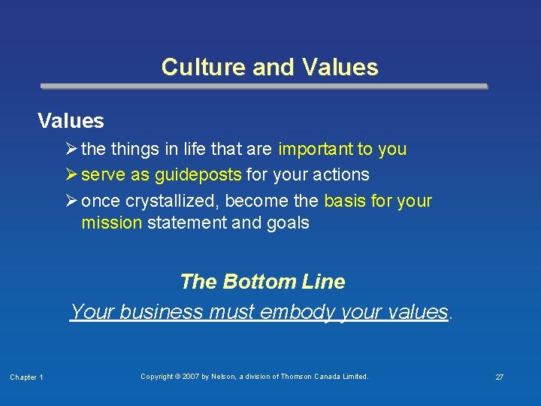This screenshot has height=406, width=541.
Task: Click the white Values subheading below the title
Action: (71, 120)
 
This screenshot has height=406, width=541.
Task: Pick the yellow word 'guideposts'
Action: (198, 174)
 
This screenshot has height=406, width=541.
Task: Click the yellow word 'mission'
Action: (111, 223)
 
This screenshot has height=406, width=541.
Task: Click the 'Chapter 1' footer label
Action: (26, 377)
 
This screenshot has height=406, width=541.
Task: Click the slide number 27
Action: (499, 377)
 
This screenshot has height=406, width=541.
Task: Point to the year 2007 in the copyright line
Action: (189, 376)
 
